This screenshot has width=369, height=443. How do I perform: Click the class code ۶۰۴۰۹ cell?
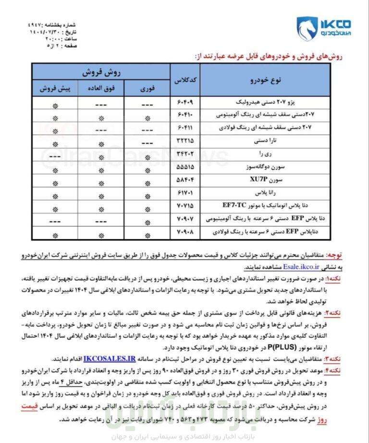coord(185,102)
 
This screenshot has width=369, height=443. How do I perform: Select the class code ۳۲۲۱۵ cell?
coord(185,141)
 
